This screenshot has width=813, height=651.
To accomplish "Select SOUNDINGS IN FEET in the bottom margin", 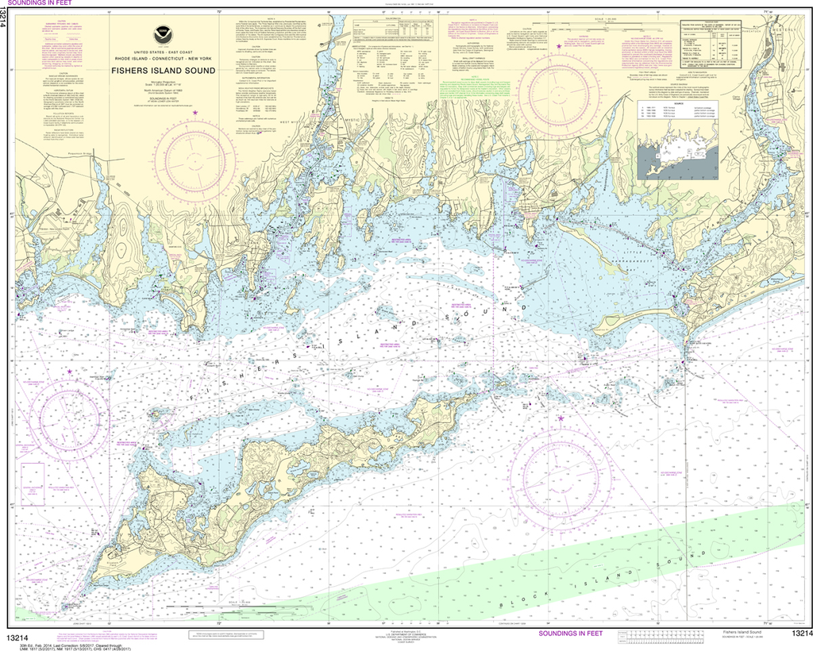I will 570,633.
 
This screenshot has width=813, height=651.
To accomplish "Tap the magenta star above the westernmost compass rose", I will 69,371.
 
